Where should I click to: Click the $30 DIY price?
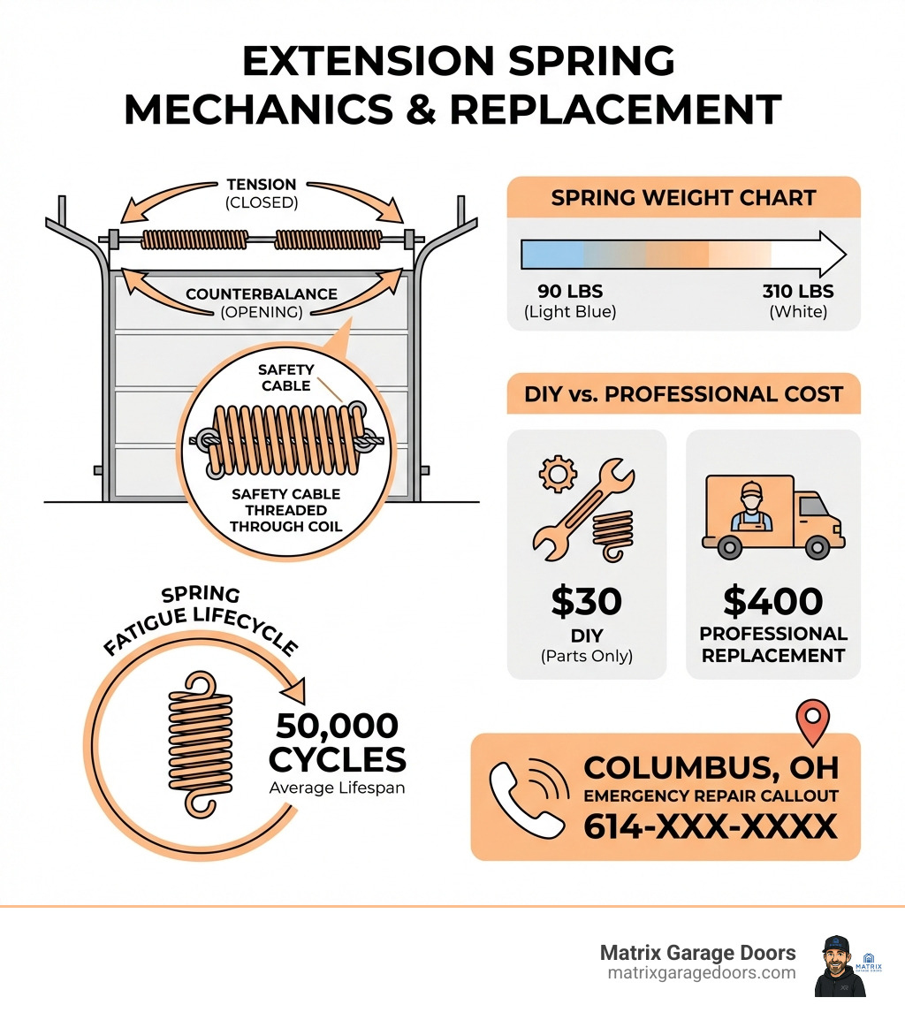click(x=586, y=602)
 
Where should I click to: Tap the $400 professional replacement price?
click(x=772, y=602)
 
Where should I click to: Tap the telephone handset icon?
click(x=529, y=797)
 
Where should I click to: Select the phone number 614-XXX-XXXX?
click(x=710, y=826)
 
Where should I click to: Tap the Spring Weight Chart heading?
click(x=682, y=197)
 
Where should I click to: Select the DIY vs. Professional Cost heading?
click(x=682, y=393)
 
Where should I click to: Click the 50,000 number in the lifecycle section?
click(x=336, y=727)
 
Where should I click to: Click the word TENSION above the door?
click(x=261, y=185)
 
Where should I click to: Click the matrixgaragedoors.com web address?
click(x=702, y=972)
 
